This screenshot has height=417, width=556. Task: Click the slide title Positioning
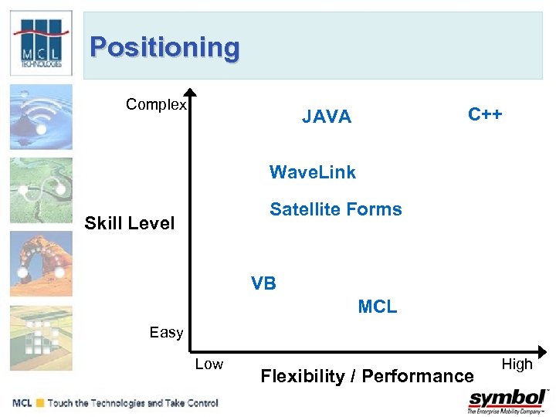click(x=164, y=47)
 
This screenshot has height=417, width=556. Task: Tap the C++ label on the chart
click(x=485, y=114)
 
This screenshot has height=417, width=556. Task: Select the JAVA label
click(x=326, y=117)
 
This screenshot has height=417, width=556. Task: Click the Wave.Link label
click(x=312, y=172)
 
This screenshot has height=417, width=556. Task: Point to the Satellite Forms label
click(x=335, y=209)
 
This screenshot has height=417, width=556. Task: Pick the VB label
click(x=263, y=283)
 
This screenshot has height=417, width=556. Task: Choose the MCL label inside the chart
click(x=377, y=307)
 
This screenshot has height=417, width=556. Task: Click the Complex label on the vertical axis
click(x=156, y=105)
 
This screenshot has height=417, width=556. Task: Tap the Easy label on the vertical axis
click(x=166, y=333)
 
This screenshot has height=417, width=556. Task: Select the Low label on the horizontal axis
click(x=208, y=364)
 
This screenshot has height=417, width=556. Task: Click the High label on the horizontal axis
click(x=517, y=364)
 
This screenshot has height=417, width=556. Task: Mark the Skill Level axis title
click(x=130, y=223)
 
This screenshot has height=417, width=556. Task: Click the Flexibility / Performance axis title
click(x=367, y=376)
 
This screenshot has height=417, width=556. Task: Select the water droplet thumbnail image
click(x=41, y=117)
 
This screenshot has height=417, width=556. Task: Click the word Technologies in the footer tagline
click(x=122, y=403)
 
